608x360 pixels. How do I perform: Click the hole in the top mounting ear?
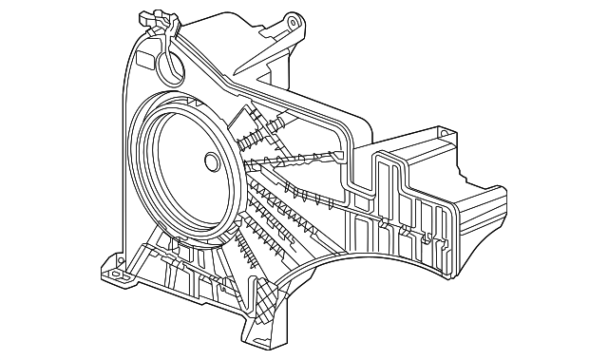[291, 21]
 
